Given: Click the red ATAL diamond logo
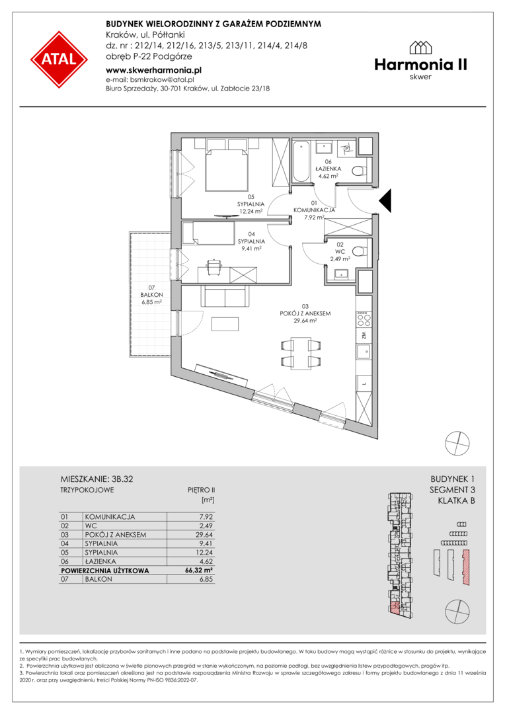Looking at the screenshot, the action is tap(59, 59).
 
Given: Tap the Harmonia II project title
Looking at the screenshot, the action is tap(421, 65).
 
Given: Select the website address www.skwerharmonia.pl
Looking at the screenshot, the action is tap(153, 71).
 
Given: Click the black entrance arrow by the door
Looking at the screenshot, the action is tap(385, 201).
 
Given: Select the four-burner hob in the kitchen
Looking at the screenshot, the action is tap(364, 318).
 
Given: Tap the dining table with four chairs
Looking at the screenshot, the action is tap(300, 352).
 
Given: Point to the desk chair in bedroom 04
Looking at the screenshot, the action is tap(213, 267).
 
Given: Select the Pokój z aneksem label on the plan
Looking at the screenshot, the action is tap(305, 314).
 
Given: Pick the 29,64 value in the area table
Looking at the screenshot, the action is tap(204, 535).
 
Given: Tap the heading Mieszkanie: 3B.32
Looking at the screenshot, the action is tap(97, 479).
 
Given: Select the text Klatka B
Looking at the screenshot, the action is tap(456, 501).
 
